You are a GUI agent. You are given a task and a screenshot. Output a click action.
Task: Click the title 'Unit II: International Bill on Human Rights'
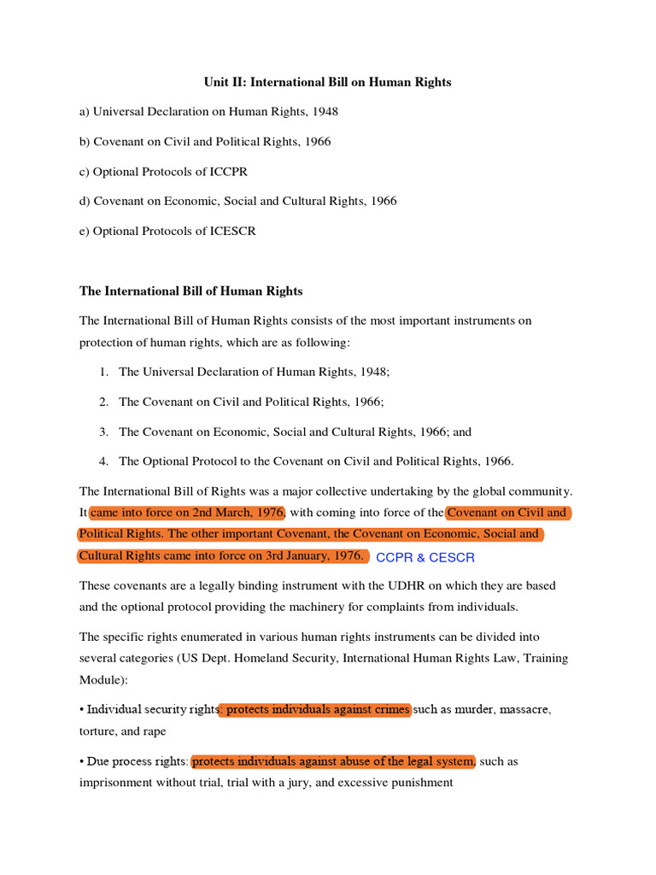tap(327, 82)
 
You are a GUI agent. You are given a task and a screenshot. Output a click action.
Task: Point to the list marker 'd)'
tap(85, 201)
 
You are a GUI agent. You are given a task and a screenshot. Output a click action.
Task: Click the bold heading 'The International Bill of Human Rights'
tap(190, 291)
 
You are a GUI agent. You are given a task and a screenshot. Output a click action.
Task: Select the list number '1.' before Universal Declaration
tap(103, 372)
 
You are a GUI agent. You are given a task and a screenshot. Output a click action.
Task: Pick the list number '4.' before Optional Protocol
tap(103, 461)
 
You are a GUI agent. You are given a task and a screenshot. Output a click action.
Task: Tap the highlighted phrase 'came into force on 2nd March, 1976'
tap(187, 513)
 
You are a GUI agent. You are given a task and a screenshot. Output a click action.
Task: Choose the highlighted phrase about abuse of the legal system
tap(333, 760)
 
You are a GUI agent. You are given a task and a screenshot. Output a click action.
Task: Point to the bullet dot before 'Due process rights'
tap(82, 760)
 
